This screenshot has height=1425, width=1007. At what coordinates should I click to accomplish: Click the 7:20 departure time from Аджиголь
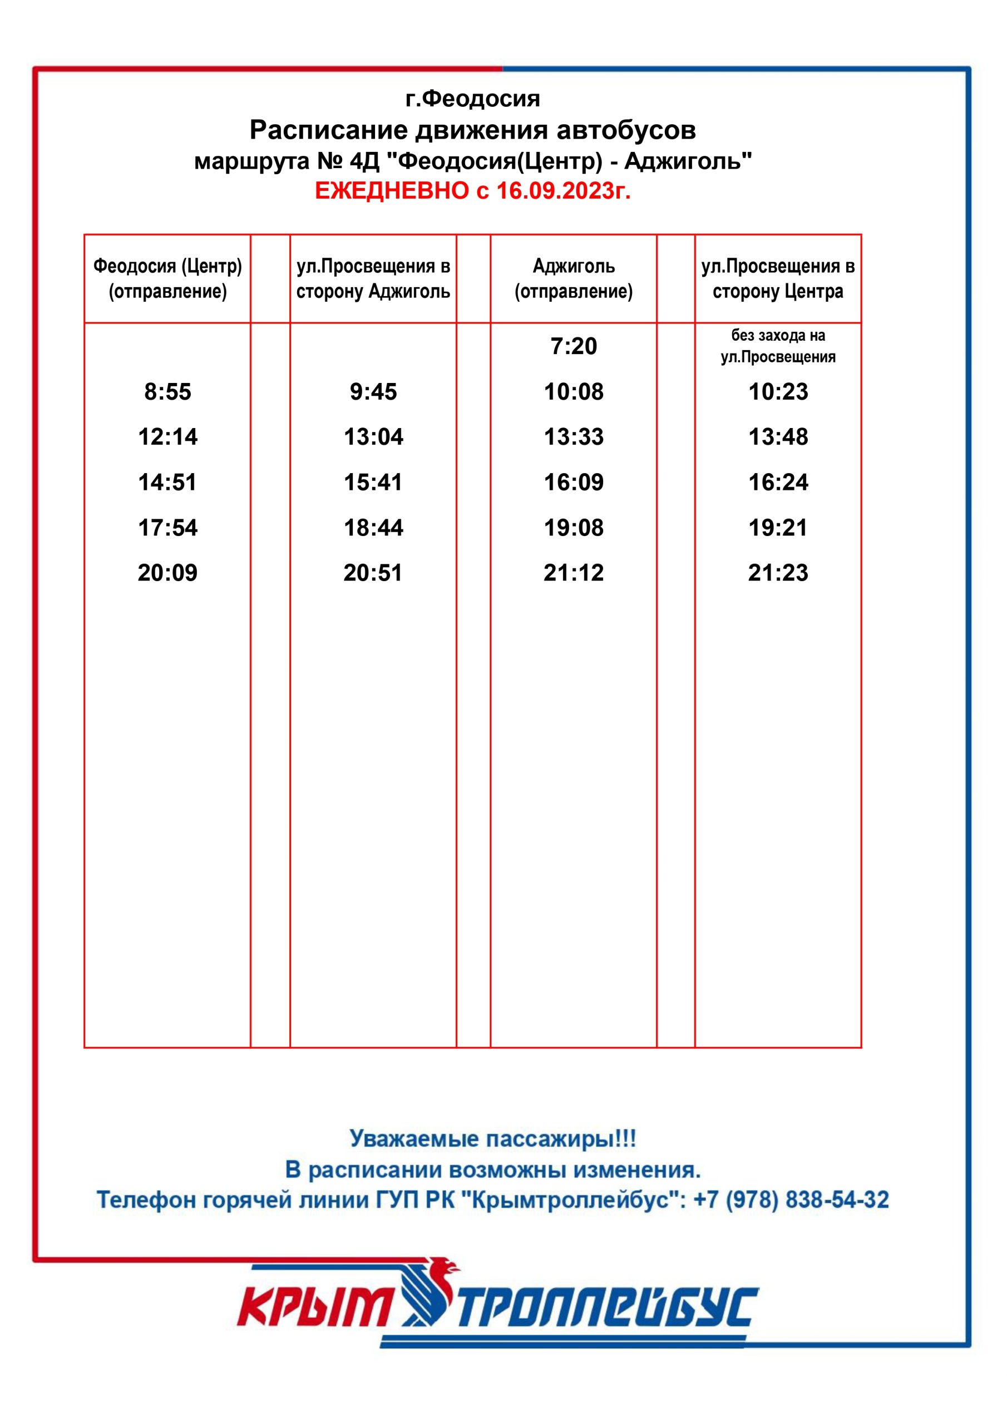[573, 346]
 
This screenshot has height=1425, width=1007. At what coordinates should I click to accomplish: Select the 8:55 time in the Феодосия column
[167, 392]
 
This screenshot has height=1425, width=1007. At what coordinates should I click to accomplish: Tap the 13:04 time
[373, 437]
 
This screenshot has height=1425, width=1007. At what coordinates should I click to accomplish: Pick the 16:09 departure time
[573, 482]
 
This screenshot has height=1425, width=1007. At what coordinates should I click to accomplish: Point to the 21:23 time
[777, 572]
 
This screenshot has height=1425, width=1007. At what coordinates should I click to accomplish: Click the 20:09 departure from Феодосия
[167, 572]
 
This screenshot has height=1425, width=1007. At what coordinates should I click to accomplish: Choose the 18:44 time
[373, 528]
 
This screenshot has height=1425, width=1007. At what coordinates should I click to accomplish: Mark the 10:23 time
[777, 392]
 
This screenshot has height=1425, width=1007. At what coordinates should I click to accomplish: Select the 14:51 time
[167, 482]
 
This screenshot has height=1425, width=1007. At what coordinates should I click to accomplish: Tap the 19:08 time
[573, 528]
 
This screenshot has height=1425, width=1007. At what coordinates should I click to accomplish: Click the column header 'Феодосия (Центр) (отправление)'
[167, 279]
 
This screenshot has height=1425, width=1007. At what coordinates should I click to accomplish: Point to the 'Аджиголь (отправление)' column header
[573, 279]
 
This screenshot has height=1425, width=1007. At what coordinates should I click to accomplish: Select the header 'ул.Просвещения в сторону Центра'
[777, 279]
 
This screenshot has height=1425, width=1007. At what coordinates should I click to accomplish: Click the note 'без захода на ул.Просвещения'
[777, 346]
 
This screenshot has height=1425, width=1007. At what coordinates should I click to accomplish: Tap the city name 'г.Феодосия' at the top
[473, 99]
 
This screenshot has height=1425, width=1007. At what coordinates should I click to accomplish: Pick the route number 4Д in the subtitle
[364, 161]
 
